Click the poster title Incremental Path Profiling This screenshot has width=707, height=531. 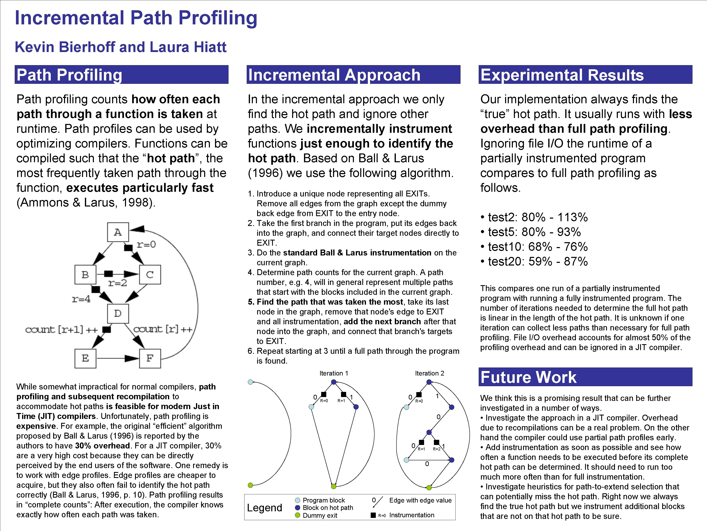[x=136, y=18]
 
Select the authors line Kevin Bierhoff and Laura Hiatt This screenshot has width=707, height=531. [x=120, y=47]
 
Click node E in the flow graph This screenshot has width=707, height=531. [x=85, y=358]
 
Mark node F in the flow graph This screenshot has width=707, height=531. [x=150, y=358]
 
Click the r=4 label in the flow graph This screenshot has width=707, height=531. [x=81, y=299]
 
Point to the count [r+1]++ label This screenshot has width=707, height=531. [x=61, y=329]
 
